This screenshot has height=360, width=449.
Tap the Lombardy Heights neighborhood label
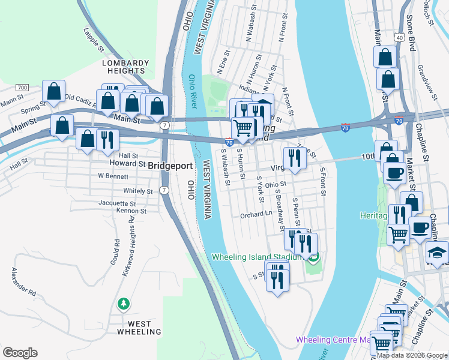click(125, 67)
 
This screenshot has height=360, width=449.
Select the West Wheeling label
click(139, 327)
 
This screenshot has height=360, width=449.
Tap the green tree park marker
click(124, 304)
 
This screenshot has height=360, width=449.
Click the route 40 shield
click(400, 37)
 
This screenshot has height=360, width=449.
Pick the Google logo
click(20, 352)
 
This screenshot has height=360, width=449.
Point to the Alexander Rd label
click(23, 282)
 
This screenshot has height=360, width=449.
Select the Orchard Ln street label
click(256, 214)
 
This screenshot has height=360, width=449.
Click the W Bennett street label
click(113, 176)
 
